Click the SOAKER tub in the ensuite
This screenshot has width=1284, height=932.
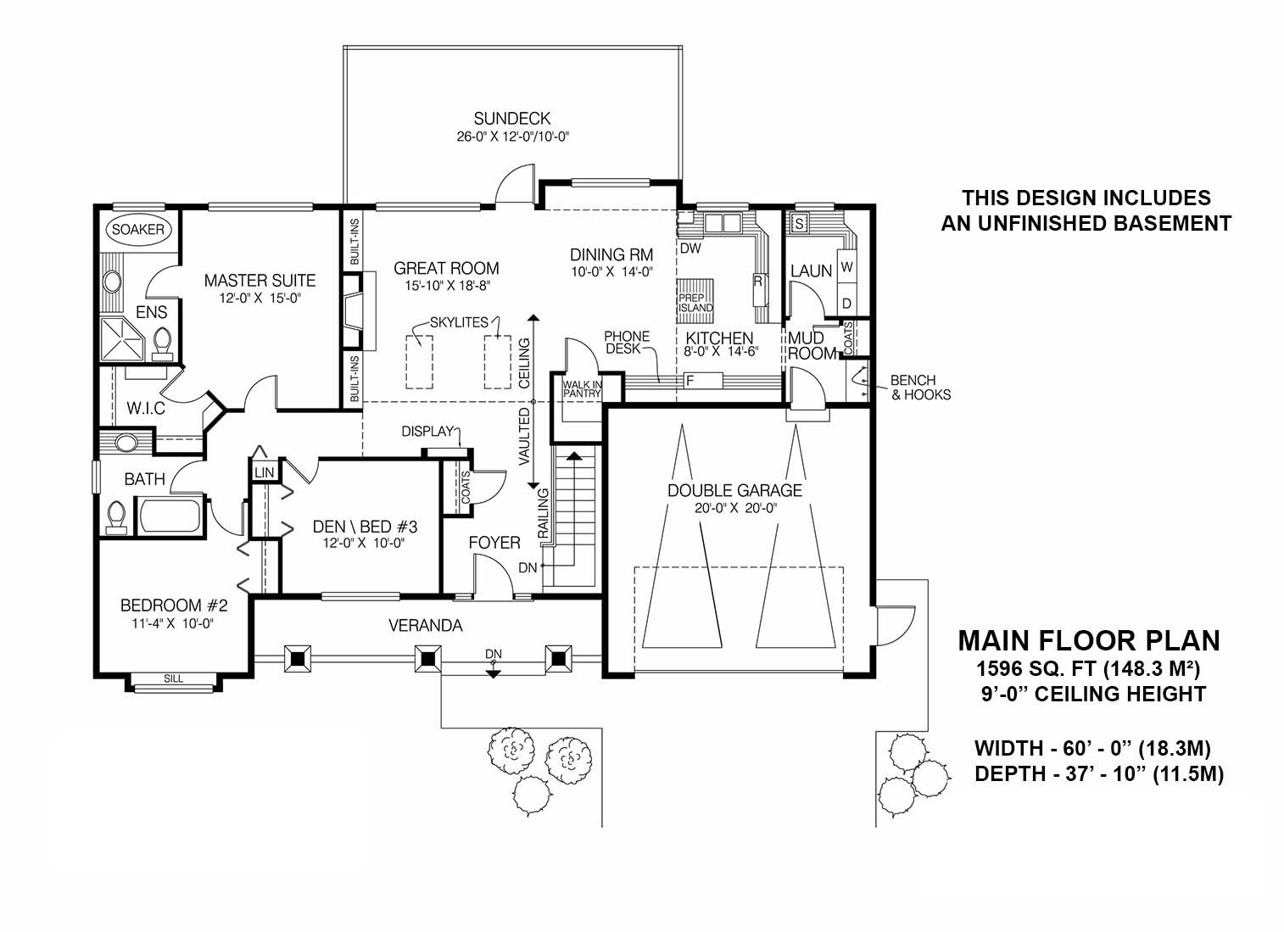[137, 230]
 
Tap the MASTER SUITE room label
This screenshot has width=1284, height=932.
[260, 281]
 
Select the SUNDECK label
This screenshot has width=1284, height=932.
[512, 118]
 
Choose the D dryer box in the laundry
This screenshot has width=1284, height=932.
[846, 303]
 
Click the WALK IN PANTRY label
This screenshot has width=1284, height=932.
[582, 388]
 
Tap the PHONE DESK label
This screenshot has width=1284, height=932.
[627, 343]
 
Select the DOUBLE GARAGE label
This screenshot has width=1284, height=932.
[734, 490]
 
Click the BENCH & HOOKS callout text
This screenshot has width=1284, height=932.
[920, 388]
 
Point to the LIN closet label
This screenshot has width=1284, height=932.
[264, 472]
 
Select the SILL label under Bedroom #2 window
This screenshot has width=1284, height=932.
[174, 678]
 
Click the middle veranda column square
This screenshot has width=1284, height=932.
[428, 657]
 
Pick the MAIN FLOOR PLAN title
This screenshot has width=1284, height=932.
[1089, 640]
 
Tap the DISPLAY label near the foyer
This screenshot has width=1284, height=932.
[428, 432]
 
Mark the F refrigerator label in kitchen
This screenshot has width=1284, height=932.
[689, 380]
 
